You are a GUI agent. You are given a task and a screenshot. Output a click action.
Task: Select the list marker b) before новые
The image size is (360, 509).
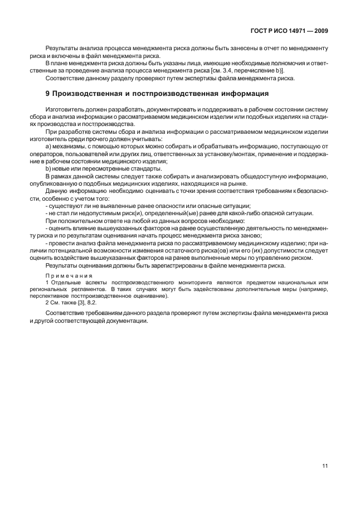pos(48,168)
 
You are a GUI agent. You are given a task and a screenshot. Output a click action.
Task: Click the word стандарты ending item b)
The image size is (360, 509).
pos(147,168)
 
